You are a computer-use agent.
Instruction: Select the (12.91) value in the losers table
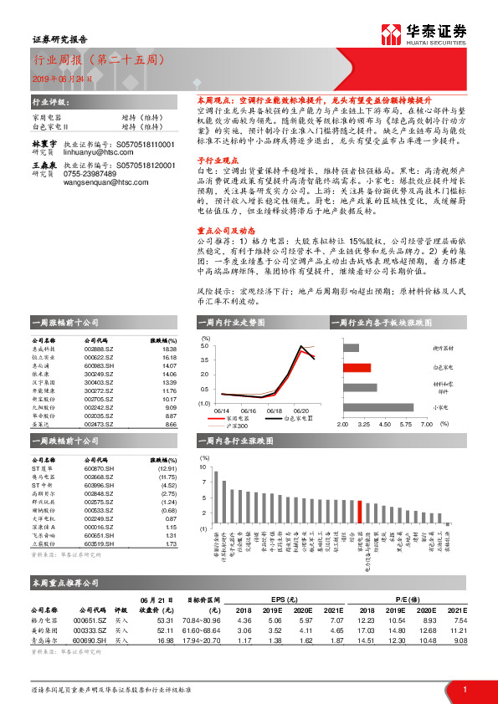point(167,470)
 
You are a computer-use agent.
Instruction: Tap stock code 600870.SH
point(100,470)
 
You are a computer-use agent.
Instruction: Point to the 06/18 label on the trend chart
point(274,411)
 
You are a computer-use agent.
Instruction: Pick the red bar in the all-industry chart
point(360,511)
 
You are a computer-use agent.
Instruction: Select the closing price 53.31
point(165,620)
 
